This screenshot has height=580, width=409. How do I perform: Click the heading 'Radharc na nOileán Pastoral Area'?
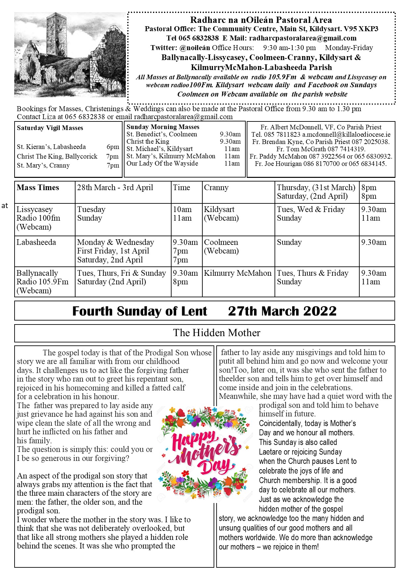pyautogui.click(x=261, y=20)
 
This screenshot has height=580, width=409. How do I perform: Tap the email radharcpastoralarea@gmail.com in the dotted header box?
pyautogui.click(x=303, y=38)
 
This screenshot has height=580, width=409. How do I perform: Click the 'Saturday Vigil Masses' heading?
pyautogui.click(x=50, y=128)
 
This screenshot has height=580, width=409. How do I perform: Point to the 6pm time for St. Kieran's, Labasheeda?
pyautogui.click(x=113, y=147)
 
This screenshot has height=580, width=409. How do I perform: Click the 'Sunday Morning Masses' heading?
pyautogui.click(x=163, y=127)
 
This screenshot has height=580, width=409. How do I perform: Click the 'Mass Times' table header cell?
pyautogui.click(x=38, y=187)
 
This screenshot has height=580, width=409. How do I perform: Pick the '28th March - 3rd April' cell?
pyautogui.click(x=115, y=187)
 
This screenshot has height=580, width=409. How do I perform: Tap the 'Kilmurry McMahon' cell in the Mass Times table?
pyautogui.click(x=237, y=273)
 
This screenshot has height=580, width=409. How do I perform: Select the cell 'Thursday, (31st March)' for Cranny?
pyautogui.click(x=316, y=187)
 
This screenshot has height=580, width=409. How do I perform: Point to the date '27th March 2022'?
pyautogui.click(x=282, y=311)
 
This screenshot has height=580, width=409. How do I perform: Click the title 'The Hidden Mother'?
pyautogui.click(x=217, y=333)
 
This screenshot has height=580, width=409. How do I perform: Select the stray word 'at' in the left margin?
pyautogui.click(x=5, y=206)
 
